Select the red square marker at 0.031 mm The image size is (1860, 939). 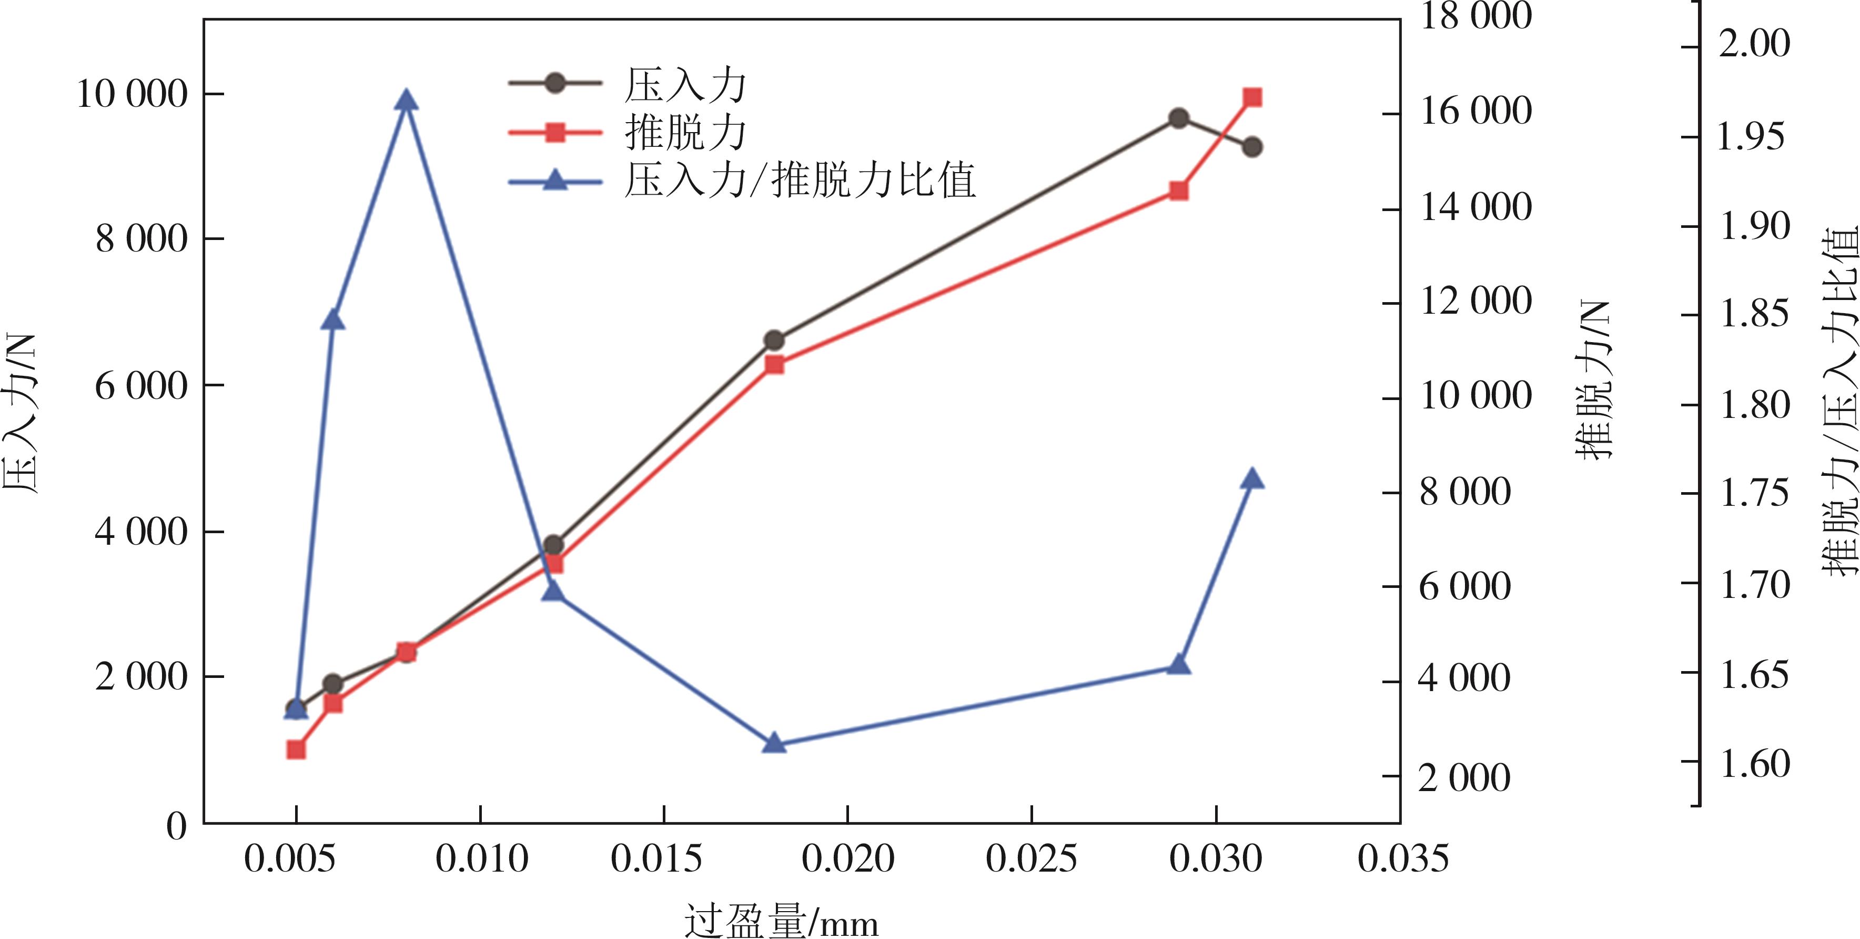point(1253,97)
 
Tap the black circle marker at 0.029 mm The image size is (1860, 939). point(1179,118)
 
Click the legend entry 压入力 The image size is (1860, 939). point(684,85)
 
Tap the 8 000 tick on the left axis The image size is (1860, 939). point(141,238)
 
